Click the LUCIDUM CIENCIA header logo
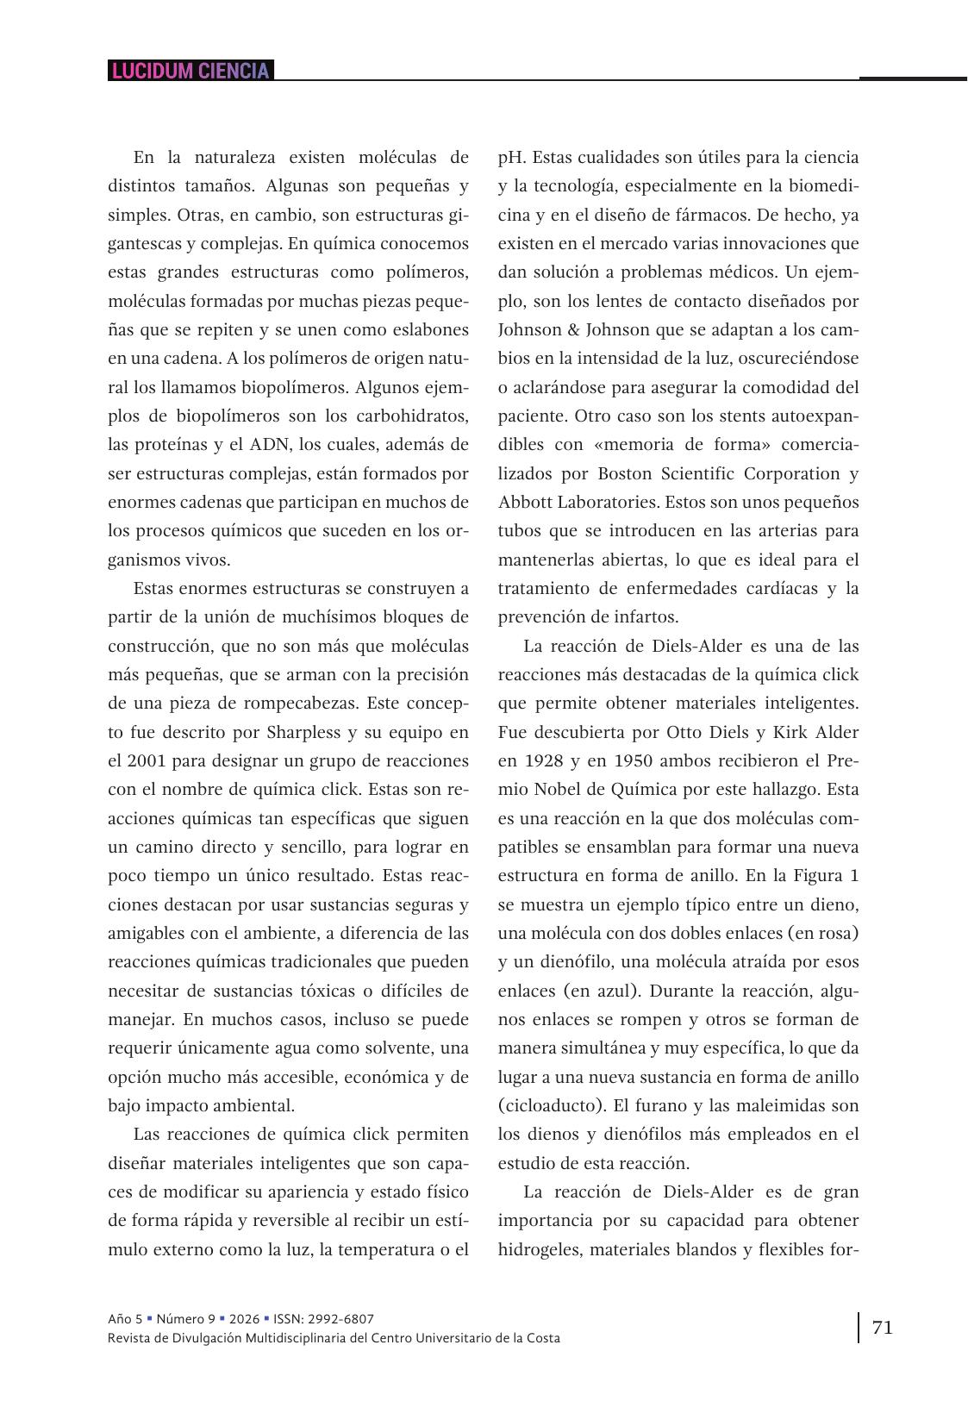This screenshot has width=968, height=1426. coord(190,71)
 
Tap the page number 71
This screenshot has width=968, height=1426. coord(883,1327)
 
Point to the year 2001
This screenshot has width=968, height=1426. coord(146,760)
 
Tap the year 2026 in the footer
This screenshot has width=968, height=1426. coord(242,1319)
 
